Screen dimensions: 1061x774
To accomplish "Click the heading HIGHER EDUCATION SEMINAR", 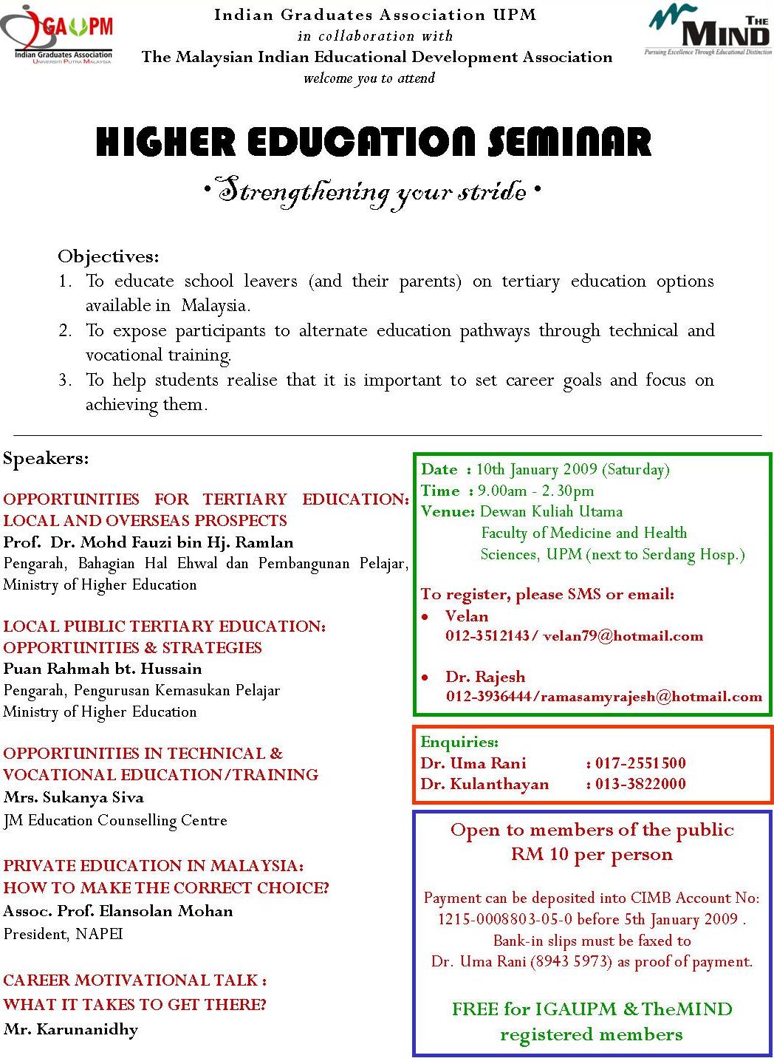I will [374, 142].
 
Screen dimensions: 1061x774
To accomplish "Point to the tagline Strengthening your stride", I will [372, 192].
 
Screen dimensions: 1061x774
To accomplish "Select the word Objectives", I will [108, 257].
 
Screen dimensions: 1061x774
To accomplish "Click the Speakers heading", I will [46, 459].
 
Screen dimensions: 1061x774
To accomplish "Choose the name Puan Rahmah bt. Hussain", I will [103, 669].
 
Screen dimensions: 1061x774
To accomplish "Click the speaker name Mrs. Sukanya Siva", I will [74, 797].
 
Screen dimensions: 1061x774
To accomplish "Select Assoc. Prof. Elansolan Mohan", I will [118, 911].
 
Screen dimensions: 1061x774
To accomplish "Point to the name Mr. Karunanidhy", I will [71, 1029].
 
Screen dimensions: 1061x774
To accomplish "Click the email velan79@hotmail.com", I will [623, 636].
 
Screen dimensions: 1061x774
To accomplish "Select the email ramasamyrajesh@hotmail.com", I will [651, 697].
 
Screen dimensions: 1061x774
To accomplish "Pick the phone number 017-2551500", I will [640, 763].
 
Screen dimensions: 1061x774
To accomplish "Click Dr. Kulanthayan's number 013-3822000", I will [640, 784].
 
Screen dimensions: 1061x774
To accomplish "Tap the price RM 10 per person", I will [592, 855].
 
